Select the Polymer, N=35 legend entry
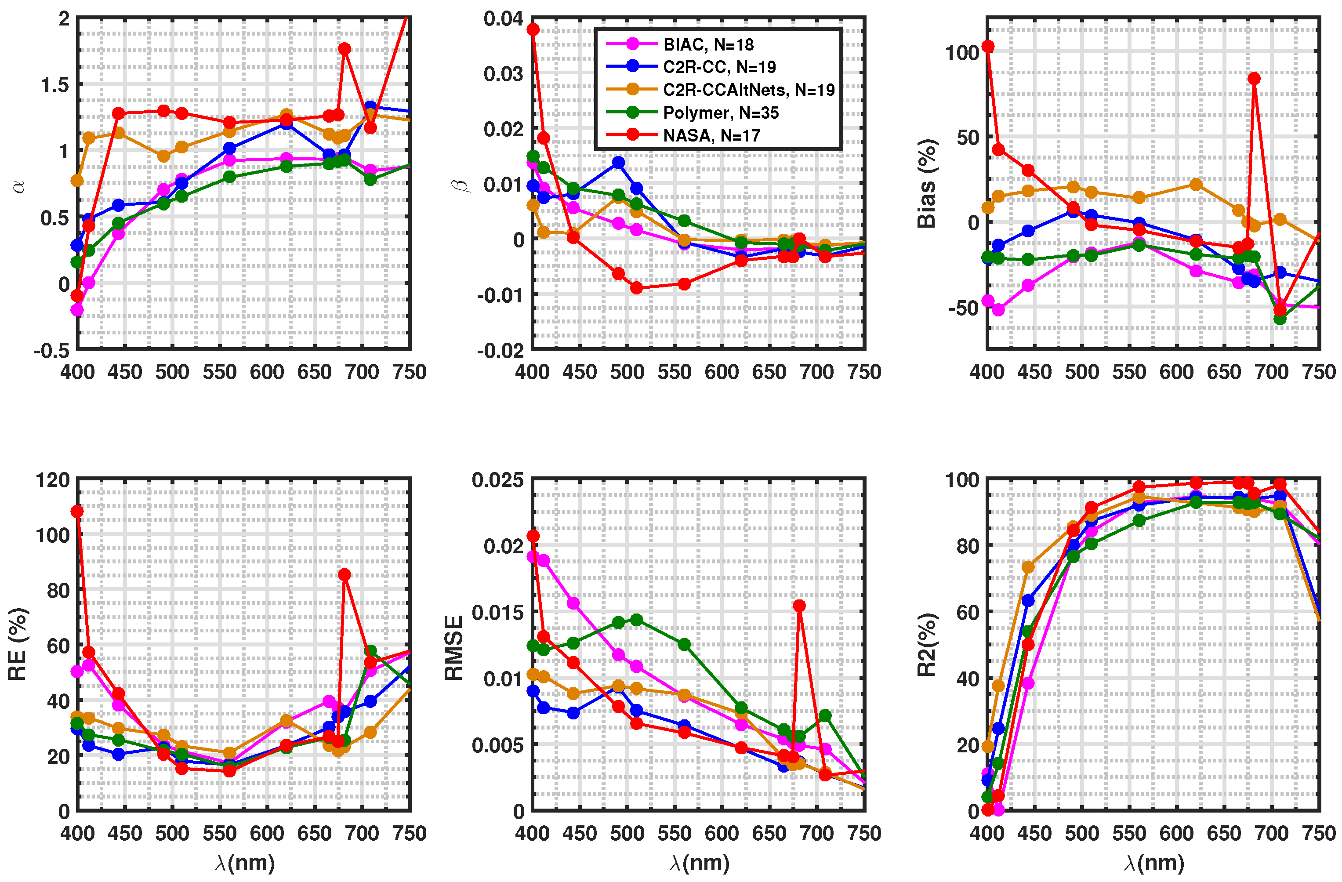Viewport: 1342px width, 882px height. click(720, 113)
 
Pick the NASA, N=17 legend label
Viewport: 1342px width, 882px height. click(711, 135)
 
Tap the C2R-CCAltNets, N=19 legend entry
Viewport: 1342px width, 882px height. click(748, 90)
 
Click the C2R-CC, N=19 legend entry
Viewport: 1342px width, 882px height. click(719, 67)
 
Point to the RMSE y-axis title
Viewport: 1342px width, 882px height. click(454, 648)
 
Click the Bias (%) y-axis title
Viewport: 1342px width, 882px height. click(926, 184)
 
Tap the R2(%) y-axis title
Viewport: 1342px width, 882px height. click(926, 645)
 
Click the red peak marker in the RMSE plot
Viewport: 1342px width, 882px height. click(799, 606)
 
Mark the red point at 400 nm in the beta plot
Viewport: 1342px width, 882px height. click(533, 29)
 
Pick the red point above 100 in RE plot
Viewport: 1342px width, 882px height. click(77, 512)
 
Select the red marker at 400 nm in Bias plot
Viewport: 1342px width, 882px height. click(988, 46)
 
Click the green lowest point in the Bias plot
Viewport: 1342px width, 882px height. click(1280, 319)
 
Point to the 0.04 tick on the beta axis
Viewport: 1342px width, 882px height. click(503, 18)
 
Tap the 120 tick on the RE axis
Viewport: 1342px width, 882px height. click(52, 480)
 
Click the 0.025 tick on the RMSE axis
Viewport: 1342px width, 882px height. click(498, 480)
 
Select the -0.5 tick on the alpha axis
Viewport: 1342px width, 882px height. click(52, 351)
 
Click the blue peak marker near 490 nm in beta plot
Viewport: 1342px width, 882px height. click(618, 163)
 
